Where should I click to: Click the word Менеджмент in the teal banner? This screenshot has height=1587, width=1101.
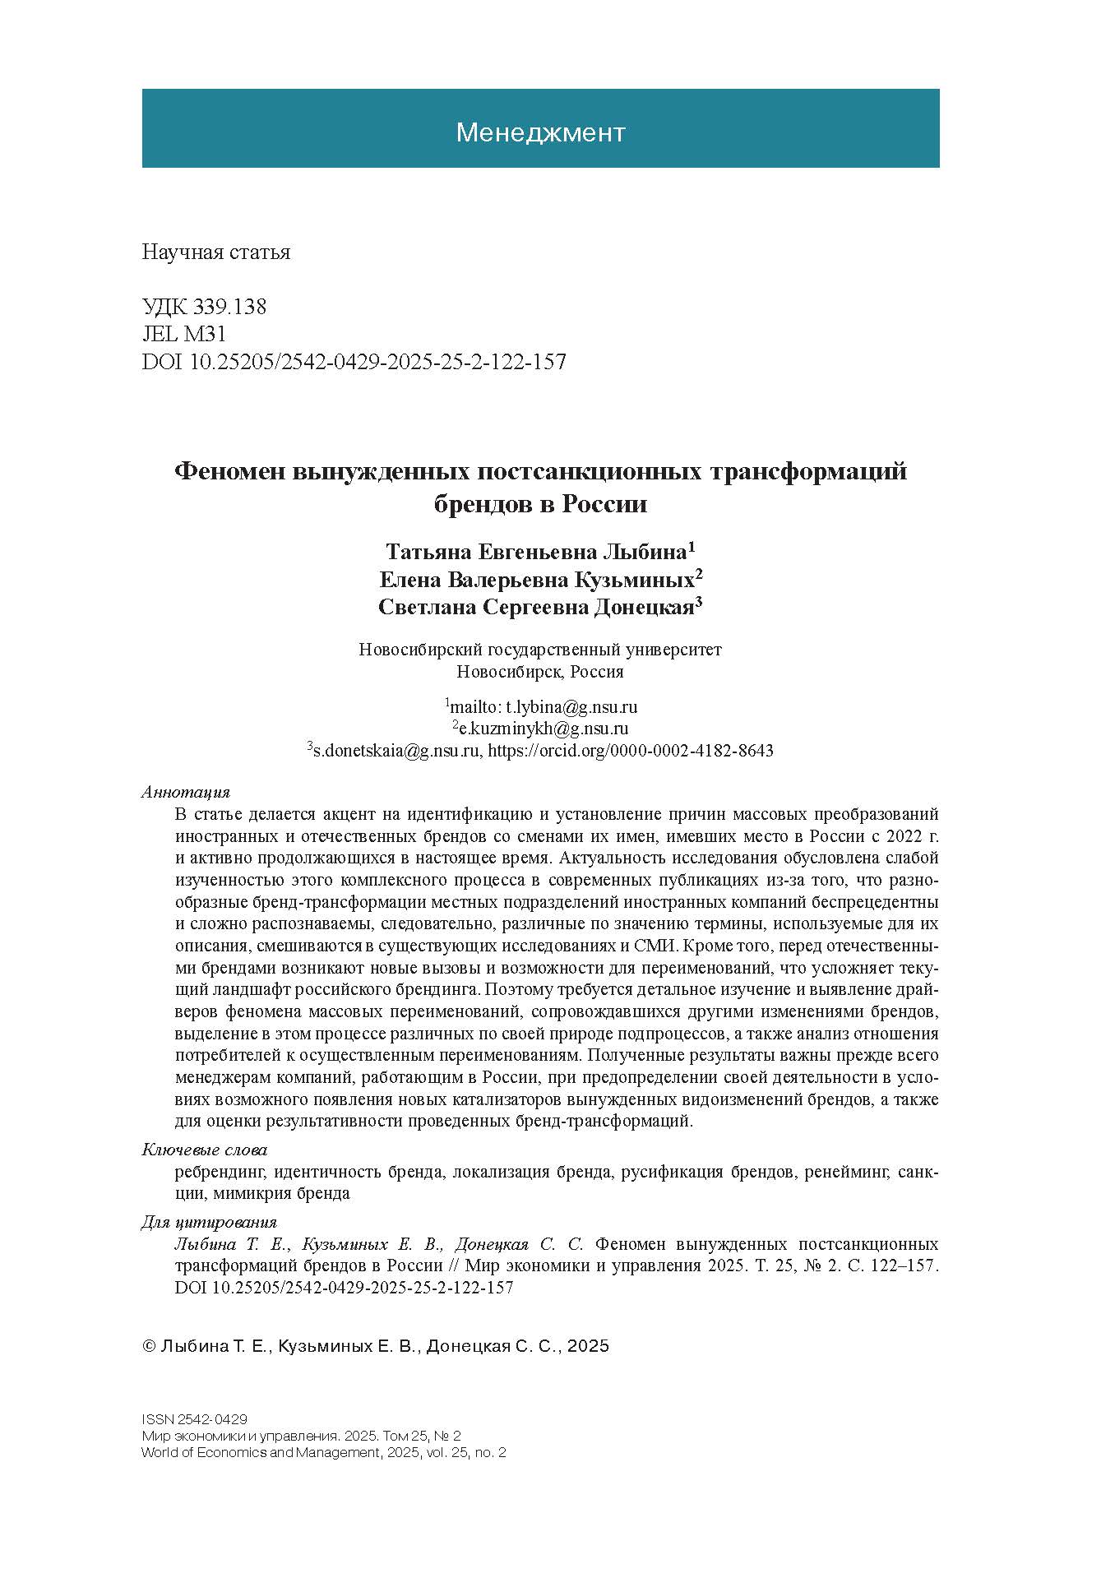click(x=540, y=132)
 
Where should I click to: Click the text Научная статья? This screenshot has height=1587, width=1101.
click(x=216, y=252)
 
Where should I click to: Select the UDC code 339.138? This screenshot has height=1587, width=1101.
click(x=229, y=308)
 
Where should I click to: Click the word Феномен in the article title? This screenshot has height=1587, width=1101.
click(x=229, y=472)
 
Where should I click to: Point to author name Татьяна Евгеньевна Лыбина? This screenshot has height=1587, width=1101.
click(x=538, y=550)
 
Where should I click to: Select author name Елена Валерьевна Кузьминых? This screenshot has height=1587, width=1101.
click(x=538, y=580)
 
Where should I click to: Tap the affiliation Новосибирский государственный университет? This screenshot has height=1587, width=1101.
click(x=540, y=650)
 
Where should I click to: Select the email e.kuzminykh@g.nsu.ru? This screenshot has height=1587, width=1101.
click(x=544, y=729)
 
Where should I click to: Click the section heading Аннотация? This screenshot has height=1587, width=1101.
click(x=186, y=793)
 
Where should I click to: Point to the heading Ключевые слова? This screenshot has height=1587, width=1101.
click(x=205, y=1150)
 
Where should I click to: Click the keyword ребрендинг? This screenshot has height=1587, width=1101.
click(x=220, y=1172)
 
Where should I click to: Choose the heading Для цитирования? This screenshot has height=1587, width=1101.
click(x=209, y=1222)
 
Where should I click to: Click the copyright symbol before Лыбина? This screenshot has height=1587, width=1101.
click(x=149, y=1346)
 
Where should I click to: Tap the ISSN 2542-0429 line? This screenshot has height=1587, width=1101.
click(x=195, y=1419)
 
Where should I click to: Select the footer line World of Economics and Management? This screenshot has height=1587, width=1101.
click(x=323, y=1453)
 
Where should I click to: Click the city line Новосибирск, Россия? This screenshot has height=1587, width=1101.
click(x=540, y=672)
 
